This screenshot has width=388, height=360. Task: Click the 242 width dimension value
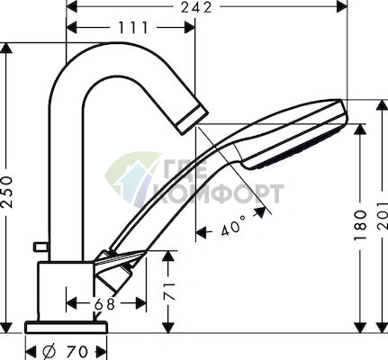(x=196, y=7)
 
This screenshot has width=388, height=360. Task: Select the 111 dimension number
(x=133, y=28)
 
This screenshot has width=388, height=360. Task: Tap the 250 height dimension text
(x=7, y=192)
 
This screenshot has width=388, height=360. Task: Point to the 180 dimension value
(x=361, y=225)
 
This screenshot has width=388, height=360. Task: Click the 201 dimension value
(x=383, y=216)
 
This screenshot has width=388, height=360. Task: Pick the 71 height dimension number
(x=169, y=291)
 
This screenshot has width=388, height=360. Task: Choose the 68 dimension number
(x=104, y=304)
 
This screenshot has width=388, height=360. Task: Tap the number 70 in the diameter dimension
(x=77, y=351)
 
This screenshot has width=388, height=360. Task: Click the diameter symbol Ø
(x=49, y=351)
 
